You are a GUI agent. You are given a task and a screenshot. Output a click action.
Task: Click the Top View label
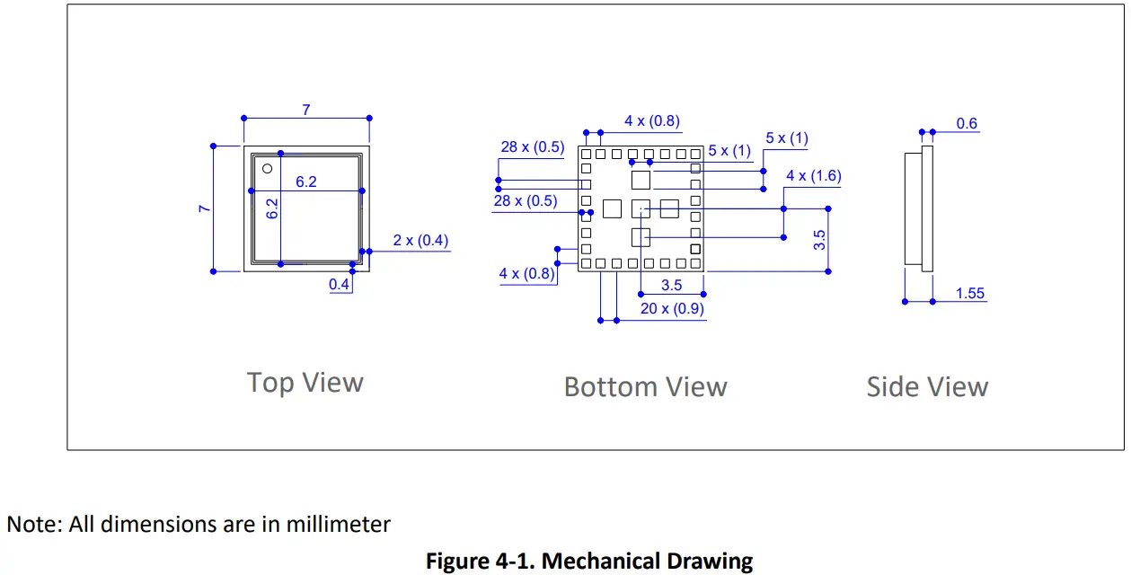point(305,383)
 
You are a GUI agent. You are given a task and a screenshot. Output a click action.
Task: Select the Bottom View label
point(645,387)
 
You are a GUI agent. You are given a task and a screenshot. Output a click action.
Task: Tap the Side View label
point(927,387)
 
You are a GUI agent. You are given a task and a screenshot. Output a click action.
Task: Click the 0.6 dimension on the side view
point(967,124)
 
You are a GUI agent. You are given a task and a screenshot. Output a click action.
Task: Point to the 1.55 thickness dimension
point(970,294)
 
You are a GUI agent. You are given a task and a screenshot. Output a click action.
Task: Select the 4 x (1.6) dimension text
point(813,176)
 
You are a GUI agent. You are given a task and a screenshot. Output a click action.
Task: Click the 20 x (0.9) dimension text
point(672,309)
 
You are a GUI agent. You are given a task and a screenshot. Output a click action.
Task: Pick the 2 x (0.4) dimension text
point(420,241)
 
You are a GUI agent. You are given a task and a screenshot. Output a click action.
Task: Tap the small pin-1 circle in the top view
point(267,169)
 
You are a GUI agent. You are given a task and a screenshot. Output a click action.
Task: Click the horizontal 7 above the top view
point(306,111)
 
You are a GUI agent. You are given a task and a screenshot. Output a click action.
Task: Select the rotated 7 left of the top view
point(206,208)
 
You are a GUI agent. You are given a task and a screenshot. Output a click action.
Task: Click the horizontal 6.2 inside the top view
point(306,182)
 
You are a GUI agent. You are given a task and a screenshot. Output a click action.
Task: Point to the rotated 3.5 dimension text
point(819,239)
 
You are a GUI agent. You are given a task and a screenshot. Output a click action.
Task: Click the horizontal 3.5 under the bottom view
point(671,286)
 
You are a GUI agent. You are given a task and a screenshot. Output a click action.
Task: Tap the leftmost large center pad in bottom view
point(612,208)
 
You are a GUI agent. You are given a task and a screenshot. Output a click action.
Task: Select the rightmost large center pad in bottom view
point(669,208)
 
